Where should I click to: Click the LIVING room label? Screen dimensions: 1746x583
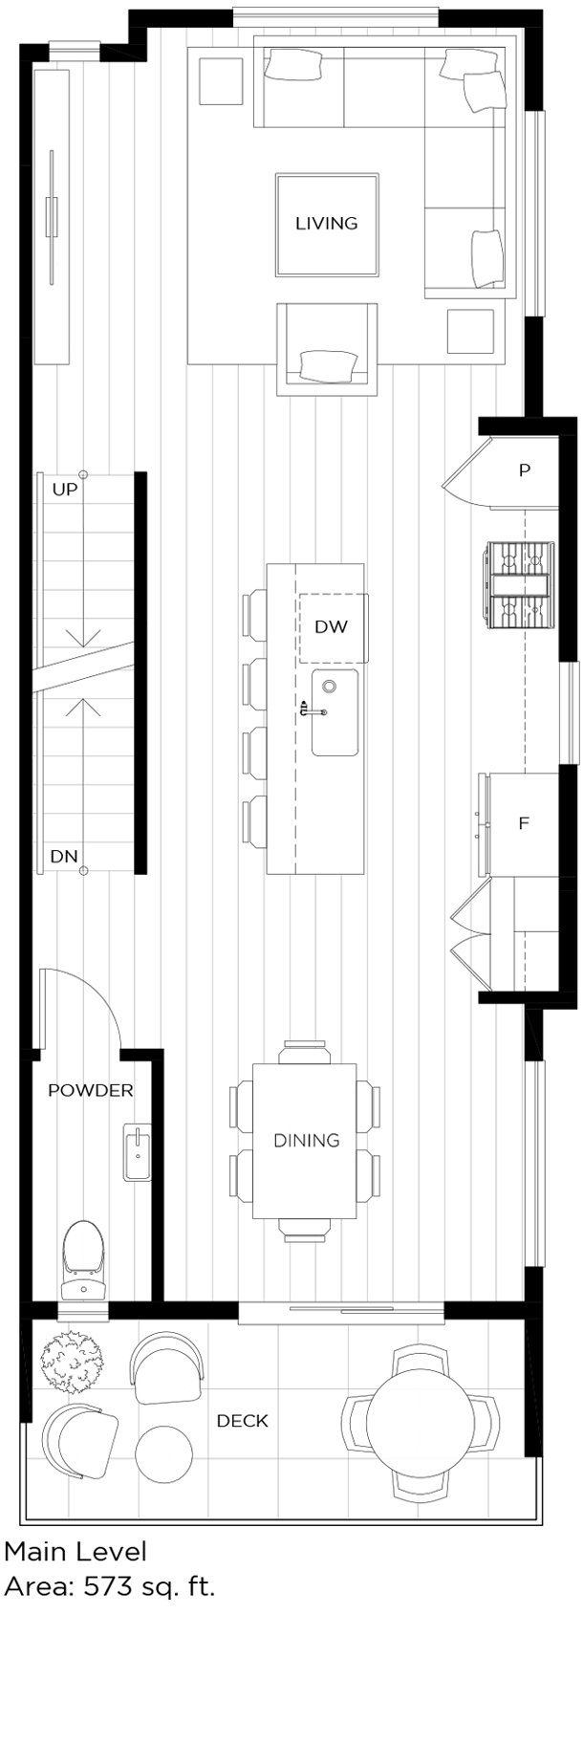click(326, 224)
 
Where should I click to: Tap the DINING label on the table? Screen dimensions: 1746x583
click(306, 1140)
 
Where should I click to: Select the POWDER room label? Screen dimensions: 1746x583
click(90, 1090)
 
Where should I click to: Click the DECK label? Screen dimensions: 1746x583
click(242, 1421)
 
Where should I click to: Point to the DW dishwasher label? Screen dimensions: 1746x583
click(331, 627)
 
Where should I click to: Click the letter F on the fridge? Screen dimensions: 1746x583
click(523, 823)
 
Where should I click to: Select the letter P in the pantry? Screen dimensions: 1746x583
click(524, 470)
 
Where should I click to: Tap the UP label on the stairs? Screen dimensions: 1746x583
click(65, 490)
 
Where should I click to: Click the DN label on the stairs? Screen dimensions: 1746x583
click(64, 857)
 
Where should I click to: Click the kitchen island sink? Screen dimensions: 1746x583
click(335, 712)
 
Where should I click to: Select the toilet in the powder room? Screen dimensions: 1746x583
click(82, 1258)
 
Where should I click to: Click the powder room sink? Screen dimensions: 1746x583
click(138, 1153)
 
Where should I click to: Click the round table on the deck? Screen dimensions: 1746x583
click(421, 1422)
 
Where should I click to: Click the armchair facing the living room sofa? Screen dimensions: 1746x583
click(327, 351)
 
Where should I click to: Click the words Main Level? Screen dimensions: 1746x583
click(76, 1551)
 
